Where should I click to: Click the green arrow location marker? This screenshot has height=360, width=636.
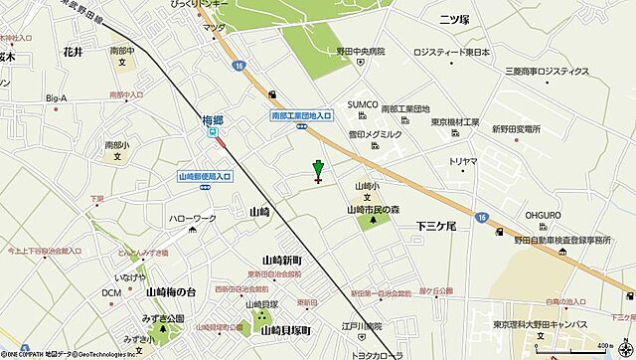(318, 170)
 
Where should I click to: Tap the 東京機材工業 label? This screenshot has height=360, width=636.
(462, 121)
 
